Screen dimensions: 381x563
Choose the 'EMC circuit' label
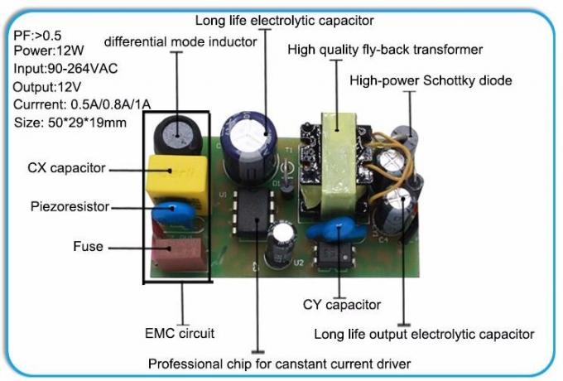pyautogui.click(x=180, y=334)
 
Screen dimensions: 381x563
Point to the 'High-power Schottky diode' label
pyautogui.click(x=431, y=80)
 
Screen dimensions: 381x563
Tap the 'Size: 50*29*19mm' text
pyautogui.click(x=70, y=123)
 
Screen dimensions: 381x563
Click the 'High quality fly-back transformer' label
pyautogui.click(x=385, y=50)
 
